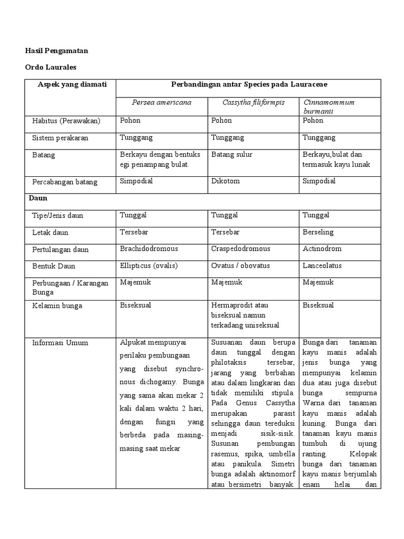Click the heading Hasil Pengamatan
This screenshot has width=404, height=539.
tap(57, 51)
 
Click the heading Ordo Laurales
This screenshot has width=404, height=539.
tap(51, 67)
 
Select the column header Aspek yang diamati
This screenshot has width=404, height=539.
tap(72, 85)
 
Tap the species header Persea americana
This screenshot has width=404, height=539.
tap(156, 102)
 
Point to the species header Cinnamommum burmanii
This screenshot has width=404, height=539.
tap(328, 106)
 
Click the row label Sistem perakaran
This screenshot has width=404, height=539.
tap(60, 138)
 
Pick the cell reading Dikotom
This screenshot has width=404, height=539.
tap(225, 182)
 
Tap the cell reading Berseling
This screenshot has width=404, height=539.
tap(318, 232)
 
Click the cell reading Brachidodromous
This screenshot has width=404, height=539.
tap(149, 249)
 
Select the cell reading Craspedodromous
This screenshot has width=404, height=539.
tap(240, 249)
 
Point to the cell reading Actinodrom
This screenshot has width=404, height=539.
tap(322, 249)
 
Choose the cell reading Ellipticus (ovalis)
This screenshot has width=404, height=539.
tap(149, 266)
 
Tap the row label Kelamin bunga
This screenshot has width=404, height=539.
tap(57, 306)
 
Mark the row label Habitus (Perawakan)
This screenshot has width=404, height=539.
tap(66, 121)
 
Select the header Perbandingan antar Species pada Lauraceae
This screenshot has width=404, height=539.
tap(248, 85)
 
